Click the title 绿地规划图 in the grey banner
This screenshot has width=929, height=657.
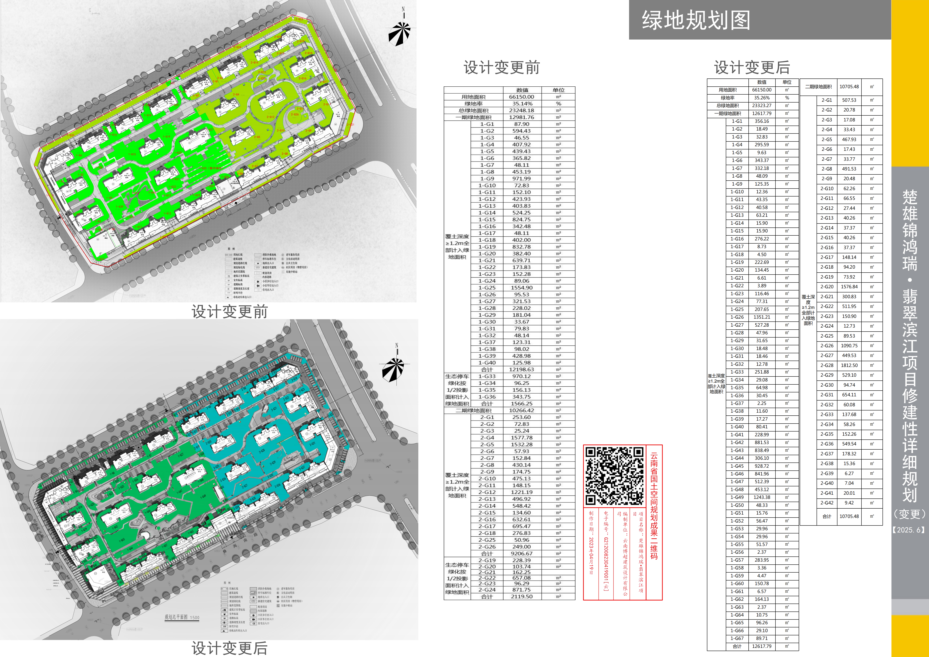696,20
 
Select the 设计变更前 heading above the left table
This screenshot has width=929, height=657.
502,68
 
